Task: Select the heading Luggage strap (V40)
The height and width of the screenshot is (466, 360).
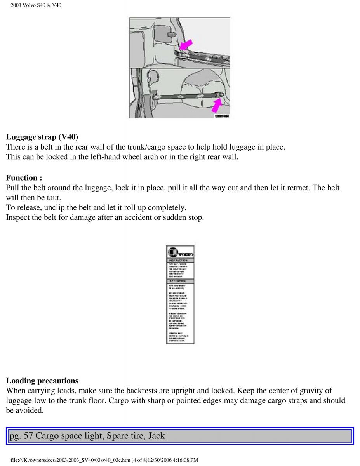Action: [x=42, y=137]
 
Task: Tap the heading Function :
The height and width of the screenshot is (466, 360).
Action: [x=24, y=178]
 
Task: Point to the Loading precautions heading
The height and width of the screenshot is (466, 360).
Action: [x=42, y=381]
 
